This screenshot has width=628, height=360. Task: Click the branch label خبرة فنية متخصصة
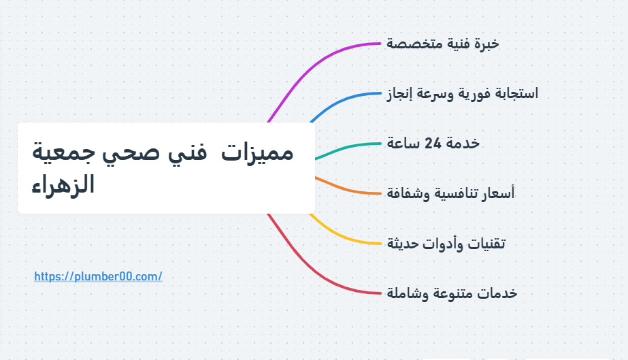442,44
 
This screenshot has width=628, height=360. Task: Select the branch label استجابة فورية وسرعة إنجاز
462,94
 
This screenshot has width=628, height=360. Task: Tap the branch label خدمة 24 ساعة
433,144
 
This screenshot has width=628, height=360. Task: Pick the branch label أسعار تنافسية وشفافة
450,193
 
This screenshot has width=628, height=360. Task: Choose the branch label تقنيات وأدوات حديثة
446,244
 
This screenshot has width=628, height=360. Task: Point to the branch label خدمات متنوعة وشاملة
452,293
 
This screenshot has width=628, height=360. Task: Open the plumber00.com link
98,276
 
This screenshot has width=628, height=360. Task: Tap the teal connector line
347,148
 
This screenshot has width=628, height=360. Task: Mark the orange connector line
347,189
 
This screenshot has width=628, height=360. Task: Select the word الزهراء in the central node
63,185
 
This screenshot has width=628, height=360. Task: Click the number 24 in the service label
433,143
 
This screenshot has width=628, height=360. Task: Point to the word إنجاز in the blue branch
399,94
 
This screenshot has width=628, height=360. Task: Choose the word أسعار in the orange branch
498,193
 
